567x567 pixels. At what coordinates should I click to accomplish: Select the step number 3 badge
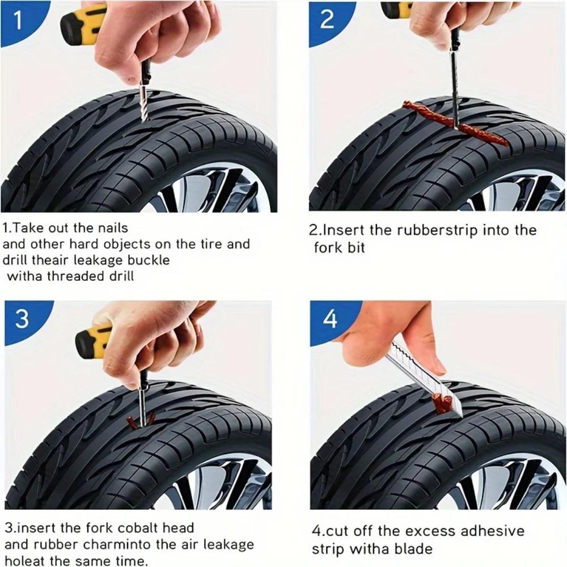[x=22, y=319]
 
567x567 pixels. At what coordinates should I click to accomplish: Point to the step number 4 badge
[x=330, y=319]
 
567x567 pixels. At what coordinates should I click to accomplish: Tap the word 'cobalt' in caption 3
[x=143, y=528]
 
